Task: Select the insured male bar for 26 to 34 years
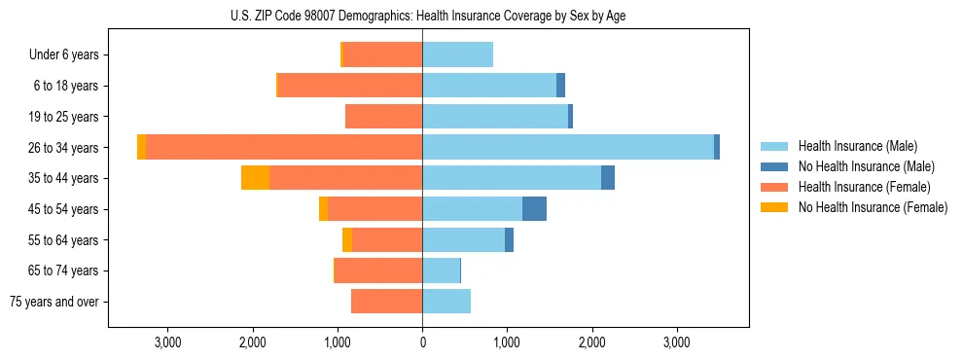click(x=568, y=147)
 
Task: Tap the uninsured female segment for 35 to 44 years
click(x=255, y=178)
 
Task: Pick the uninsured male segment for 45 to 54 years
click(x=534, y=209)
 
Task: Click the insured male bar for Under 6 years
click(x=457, y=54)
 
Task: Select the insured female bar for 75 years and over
click(x=386, y=302)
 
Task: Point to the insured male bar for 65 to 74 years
click(x=441, y=270)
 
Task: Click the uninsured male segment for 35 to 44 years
click(x=608, y=178)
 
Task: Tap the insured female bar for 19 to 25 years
click(x=383, y=117)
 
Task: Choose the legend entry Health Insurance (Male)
click(x=857, y=146)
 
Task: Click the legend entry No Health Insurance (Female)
click(x=873, y=207)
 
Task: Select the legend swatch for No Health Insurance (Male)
click(x=774, y=166)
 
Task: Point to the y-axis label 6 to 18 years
click(x=66, y=86)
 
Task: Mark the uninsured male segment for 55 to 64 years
click(x=509, y=240)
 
